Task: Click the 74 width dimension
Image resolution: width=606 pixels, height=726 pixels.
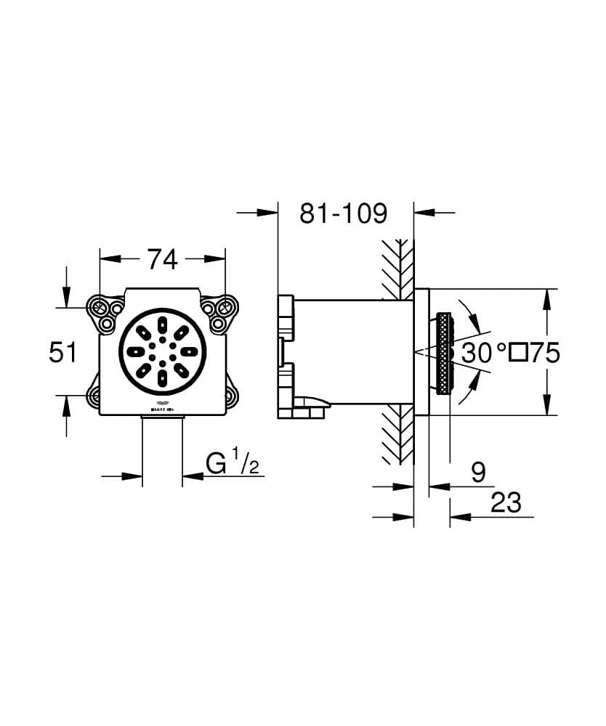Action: point(162,258)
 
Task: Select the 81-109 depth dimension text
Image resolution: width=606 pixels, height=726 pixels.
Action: point(343,213)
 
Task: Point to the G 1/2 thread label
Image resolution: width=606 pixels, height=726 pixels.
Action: point(232,463)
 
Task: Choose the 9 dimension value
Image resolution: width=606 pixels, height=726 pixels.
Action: point(477,473)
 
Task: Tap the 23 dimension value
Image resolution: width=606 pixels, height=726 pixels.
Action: point(506,502)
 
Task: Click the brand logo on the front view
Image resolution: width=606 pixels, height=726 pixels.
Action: point(162,404)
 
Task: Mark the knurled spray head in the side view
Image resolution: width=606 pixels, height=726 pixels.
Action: point(444,353)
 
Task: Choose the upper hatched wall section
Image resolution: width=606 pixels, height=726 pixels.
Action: point(397,268)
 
